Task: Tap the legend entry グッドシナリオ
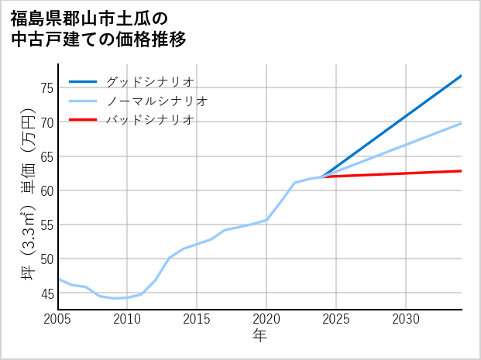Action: tap(149, 81)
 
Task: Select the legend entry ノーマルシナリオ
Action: tap(156, 101)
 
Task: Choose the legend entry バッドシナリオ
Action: tap(149, 120)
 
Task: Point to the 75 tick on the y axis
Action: tap(46, 88)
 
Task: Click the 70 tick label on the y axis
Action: tap(46, 122)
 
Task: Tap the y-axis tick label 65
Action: tap(46, 156)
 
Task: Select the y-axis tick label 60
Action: tap(46, 190)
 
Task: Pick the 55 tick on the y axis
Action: tap(46, 225)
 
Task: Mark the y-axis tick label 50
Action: tap(46, 259)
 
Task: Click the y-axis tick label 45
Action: tap(46, 293)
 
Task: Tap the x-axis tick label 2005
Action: tap(58, 319)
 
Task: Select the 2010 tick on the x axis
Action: tap(128, 319)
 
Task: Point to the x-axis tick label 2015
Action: tap(198, 319)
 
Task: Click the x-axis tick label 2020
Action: tap(266, 319)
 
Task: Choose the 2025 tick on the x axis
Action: tap(336, 319)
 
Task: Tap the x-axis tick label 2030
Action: tap(406, 319)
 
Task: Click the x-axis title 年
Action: tap(260, 336)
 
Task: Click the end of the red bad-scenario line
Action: tap(461, 171)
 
